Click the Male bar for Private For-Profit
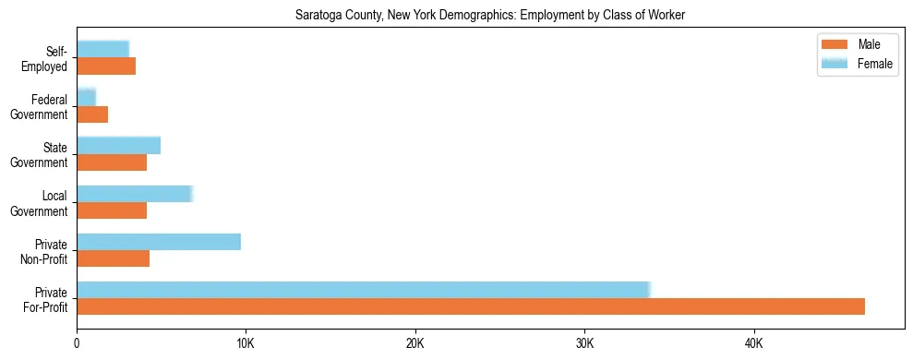(471, 306)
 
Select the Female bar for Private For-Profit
(364, 290)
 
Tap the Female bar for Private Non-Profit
(159, 242)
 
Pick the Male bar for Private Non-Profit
(113, 258)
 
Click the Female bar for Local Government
(135, 194)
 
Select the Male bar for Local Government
(112, 210)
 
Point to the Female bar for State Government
(119, 146)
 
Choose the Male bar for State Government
(112, 162)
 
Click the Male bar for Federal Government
(92, 114)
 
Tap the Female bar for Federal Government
(86, 98)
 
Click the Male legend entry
(854, 45)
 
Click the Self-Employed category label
(48, 58)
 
